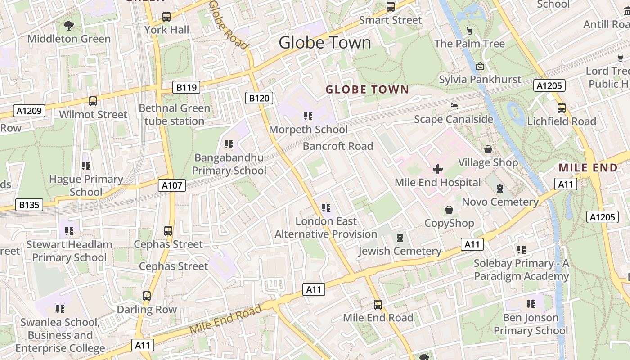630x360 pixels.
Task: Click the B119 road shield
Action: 187,87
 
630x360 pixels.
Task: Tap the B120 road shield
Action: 260,98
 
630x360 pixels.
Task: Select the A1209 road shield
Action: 29,111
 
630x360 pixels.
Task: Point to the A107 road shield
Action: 171,185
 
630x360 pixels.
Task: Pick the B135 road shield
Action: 29,205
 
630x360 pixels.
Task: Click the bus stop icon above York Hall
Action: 166,17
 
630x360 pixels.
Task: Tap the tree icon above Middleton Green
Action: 69,26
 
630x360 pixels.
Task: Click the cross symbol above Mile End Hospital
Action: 437,170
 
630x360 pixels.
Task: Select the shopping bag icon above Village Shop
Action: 488,149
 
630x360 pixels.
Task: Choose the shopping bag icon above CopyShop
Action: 449,210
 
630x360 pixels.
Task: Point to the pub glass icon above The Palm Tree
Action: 470,30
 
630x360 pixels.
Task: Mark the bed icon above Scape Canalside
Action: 454,106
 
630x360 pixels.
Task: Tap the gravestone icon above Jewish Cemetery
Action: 400,238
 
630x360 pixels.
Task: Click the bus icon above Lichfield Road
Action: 562,108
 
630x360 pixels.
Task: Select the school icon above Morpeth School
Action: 308,116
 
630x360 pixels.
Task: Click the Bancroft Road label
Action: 338,146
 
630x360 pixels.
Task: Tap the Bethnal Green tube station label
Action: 175,115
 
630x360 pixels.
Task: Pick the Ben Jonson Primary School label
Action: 531,324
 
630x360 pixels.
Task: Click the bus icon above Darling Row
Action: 147,296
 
